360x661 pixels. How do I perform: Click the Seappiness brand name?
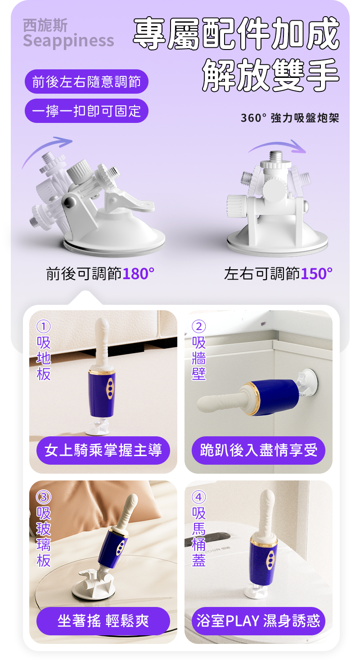68,41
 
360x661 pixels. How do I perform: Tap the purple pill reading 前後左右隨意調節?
86,82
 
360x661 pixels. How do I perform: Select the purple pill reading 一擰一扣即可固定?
86,111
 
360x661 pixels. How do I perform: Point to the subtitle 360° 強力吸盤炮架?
290,118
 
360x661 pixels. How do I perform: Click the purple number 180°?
138,273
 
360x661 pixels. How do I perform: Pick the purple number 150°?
317,273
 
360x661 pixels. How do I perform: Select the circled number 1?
44,326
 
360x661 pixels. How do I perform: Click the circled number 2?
198,326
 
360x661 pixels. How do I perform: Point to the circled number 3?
44,497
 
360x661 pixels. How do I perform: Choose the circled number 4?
198,497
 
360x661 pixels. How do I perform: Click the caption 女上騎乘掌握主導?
103,450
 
